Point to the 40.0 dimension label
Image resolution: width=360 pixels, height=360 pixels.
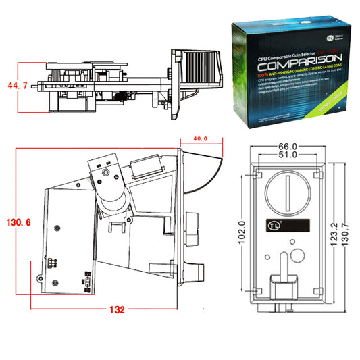point(200,138)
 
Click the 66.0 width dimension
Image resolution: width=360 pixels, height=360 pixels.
point(288,147)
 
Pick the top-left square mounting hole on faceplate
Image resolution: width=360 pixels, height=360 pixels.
point(259,174)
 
